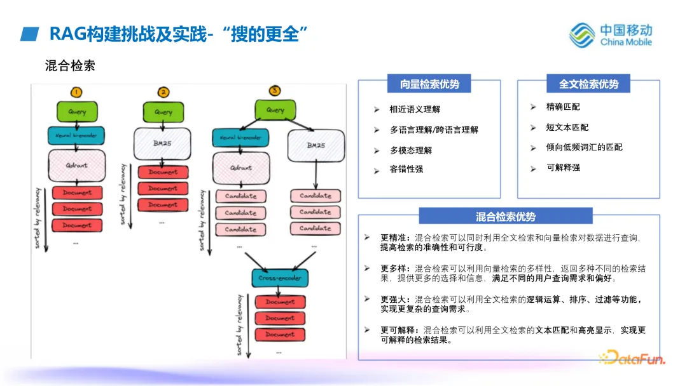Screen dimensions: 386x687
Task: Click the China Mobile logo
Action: [x=610, y=34]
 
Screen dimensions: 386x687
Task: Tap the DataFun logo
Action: [x=632, y=359]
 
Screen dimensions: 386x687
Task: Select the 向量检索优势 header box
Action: [x=429, y=84]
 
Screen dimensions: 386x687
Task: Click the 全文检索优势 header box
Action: [x=588, y=84]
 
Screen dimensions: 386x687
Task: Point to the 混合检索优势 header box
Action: [x=506, y=216]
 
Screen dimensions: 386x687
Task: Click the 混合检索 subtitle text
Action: [x=70, y=65]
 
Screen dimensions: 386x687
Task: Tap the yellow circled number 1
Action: [x=76, y=92]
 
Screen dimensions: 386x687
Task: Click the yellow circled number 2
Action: [x=163, y=92]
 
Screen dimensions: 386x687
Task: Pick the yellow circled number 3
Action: [x=275, y=90]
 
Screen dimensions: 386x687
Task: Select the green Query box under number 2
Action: [x=163, y=112]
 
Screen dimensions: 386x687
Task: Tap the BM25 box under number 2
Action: [x=163, y=143]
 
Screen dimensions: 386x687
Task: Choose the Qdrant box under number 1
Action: [x=76, y=165]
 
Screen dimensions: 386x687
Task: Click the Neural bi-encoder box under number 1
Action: [x=76, y=135]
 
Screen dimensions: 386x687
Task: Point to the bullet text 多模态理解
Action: [x=411, y=150]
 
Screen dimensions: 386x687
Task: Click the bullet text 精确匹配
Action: [x=563, y=107]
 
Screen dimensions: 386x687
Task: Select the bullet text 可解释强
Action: [x=563, y=168]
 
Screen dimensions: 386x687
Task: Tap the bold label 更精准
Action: [x=395, y=237]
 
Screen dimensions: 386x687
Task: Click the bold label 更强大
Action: [x=395, y=299]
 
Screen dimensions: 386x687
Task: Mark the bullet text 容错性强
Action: [x=406, y=170]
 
